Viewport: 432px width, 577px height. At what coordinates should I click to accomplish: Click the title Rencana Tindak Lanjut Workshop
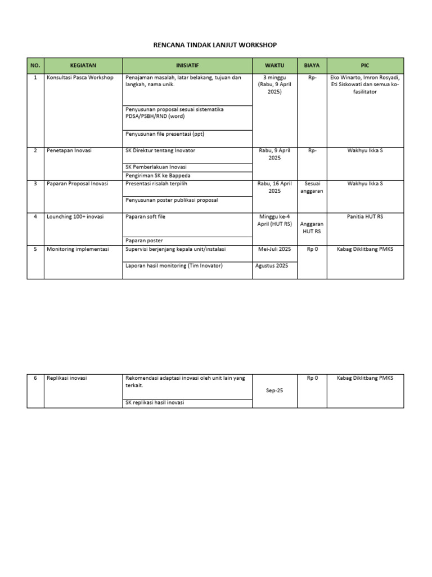(216, 45)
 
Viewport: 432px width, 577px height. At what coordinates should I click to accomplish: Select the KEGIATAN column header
(83, 65)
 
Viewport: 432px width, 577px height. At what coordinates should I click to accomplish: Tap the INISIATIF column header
(187, 65)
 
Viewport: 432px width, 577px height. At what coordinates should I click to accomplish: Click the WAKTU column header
(274, 65)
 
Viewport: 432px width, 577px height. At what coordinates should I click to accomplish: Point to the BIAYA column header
(312, 65)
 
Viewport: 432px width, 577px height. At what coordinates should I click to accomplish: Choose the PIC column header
(365, 65)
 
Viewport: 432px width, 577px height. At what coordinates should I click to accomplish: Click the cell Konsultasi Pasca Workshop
(80, 78)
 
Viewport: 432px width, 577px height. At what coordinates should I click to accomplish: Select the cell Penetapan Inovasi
(69, 151)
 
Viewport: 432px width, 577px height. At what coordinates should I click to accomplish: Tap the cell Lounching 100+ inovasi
(75, 216)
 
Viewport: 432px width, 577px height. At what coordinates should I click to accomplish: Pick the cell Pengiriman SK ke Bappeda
(158, 175)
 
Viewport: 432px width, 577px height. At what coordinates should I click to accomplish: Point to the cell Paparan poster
(145, 241)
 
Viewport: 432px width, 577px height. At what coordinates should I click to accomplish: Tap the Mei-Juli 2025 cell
(274, 248)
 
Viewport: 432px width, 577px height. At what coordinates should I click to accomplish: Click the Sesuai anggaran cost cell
(312, 187)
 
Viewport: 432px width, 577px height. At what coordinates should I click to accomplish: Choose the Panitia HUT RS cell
(365, 216)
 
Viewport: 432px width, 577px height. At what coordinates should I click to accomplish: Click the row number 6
(35, 378)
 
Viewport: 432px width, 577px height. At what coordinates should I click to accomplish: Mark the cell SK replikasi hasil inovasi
(155, 402)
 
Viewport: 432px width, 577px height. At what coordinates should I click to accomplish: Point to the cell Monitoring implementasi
(78, 248)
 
